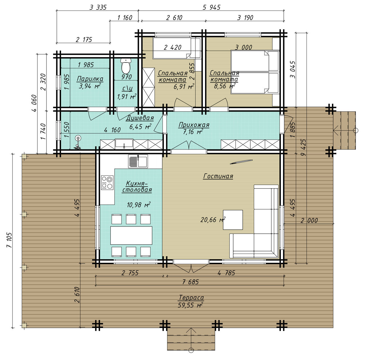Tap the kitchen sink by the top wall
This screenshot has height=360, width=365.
tap(138, 161)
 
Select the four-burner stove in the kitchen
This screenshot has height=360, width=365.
tap(107, 183)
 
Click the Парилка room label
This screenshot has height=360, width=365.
tap(90, 79)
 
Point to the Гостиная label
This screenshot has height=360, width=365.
tap(218, 176)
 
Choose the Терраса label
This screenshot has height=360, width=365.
tap(191, 298)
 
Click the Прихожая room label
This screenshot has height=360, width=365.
tap(194, 125)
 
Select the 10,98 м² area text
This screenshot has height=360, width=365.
tap(139, 205)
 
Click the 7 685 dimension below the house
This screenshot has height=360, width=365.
tap(190, 282)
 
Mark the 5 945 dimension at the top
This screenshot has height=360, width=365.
tap(212, 7)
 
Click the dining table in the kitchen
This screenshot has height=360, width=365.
tap(131, 235)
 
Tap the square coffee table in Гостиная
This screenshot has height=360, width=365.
tap(233, 220)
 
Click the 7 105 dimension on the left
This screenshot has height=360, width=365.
tap(9, 240)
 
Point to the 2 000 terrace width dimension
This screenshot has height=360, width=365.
tap(309, 220)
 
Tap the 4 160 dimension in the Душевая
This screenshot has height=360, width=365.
tap(112, 130)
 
